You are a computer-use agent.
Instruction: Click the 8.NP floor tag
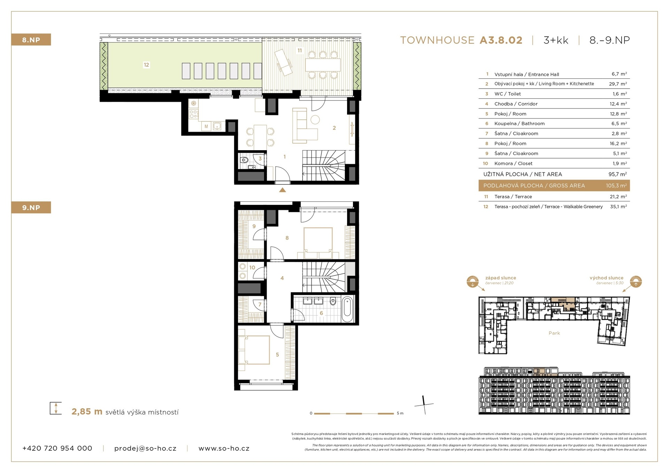31,40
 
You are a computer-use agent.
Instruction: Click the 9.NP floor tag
31,207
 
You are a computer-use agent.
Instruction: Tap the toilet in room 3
245,160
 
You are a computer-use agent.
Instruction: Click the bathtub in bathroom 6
347,309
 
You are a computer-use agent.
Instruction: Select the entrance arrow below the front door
283,190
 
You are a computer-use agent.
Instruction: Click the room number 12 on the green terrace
146,65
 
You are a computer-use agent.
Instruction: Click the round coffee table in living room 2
315,120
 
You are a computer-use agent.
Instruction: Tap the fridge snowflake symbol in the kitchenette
193,104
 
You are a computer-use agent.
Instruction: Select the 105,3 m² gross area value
616,186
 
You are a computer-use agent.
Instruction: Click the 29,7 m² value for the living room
618,84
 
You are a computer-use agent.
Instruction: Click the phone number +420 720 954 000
57,448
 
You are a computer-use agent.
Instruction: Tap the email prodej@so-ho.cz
145,449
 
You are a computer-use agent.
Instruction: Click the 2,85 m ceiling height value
87,412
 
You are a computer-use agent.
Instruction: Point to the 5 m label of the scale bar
400,413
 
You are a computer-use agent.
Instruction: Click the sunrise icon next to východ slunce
636,282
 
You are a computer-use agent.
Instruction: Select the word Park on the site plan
554,333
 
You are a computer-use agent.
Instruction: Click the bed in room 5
254,350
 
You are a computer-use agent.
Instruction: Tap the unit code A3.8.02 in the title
501,40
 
